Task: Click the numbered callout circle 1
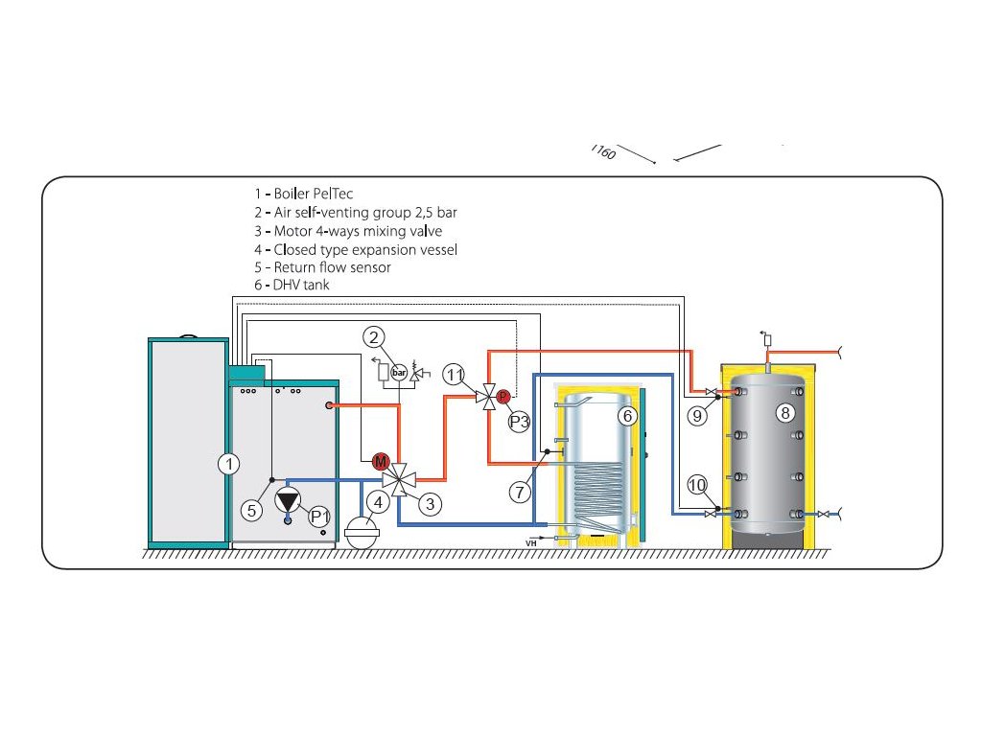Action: [x=227, y=465]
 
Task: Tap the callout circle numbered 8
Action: [x=785, y=413]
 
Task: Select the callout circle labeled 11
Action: [x=456, y=375]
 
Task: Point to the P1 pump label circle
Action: [x=319, y=517]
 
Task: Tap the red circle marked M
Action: [x=379, y=462]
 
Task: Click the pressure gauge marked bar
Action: [x=398, y=372]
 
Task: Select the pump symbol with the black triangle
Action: [x=288, y=500]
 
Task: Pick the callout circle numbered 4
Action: [x=380, y=500]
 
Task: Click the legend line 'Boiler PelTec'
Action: [x=304, y=195]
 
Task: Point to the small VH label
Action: [x=530, y=543]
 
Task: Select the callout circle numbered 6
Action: [x=627, y=416]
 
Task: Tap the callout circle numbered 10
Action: [x=696, y=486]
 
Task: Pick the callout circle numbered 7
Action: [x=520, y=492]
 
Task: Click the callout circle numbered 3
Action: [x=430, y=503]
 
